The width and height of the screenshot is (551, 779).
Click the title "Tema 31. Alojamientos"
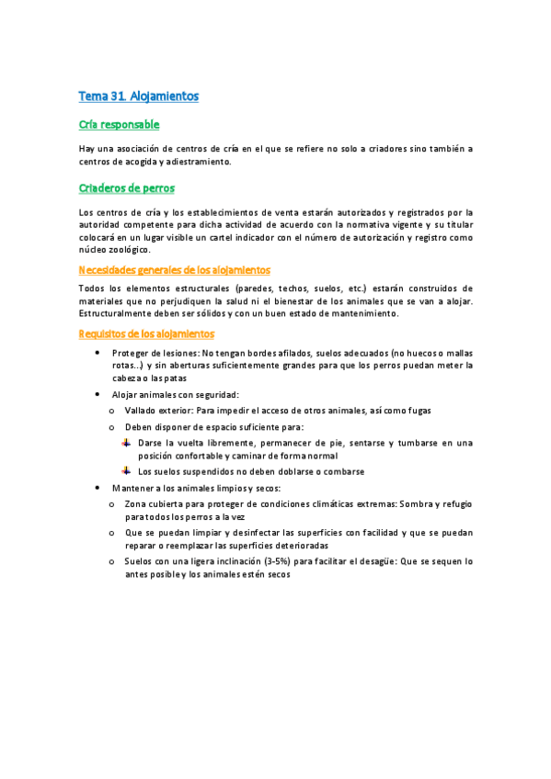point(138,96)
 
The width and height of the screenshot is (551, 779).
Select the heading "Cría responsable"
point(119,125)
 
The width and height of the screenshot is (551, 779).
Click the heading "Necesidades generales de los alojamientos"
point(174,270)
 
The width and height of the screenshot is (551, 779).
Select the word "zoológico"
point(128,250)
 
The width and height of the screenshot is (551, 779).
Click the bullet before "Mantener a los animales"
point(98,488)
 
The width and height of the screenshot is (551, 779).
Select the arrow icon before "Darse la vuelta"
point(126,442)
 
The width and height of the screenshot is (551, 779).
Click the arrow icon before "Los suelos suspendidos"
point(126,471)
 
